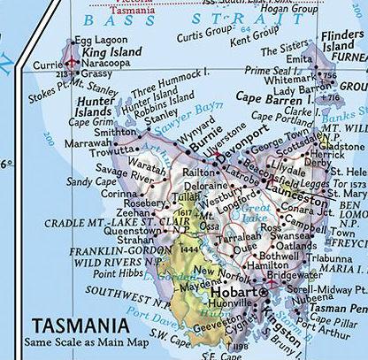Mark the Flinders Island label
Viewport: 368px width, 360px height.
click(341, 42)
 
